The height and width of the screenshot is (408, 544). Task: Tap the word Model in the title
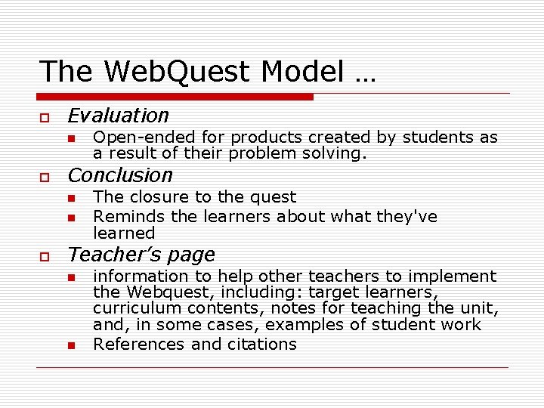301,72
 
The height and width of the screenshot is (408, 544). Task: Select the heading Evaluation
118,116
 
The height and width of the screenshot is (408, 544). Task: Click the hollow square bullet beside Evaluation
45,118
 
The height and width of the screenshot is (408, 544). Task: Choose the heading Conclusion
120,175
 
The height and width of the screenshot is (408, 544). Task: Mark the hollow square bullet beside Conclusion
45,178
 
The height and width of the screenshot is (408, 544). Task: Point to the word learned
124,233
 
